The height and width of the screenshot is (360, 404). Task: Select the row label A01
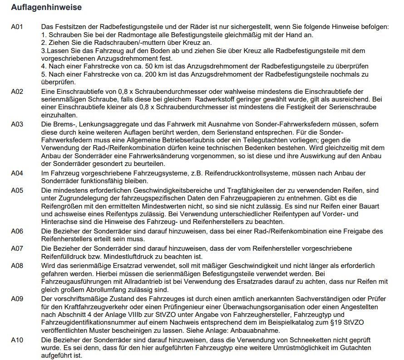coord(17,27)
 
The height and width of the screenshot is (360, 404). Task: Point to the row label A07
coord(17,248)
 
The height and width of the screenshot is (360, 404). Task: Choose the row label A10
coord(17,340)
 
